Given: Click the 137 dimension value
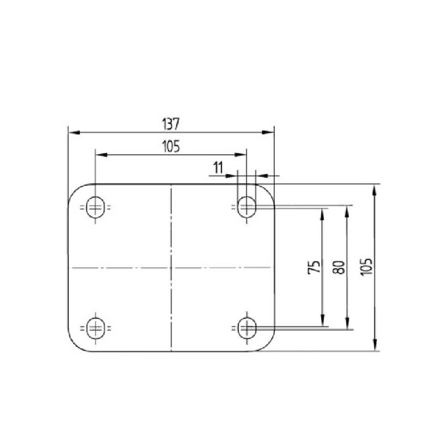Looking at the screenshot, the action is pyautogui.click(x=171, y=124).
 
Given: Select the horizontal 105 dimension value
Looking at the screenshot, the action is pyautogui.click(x=171, y=146).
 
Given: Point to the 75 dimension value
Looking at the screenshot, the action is pyautogui.click(x=314, y=267).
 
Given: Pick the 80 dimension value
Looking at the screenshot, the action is pyautogui.click(x=339, y=267).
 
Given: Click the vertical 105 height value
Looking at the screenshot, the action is pyautogui.click(x=367, y=267).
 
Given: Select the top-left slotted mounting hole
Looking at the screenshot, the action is pyautogui.click(x=95, y=207).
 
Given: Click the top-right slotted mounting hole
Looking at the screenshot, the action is pyautogui.click(x=246, y=207).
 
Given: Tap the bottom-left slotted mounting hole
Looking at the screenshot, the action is pyautogui.click(x=95, y=328).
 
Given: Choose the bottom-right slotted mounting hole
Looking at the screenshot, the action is pyautogui.click(x=247, y=328).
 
